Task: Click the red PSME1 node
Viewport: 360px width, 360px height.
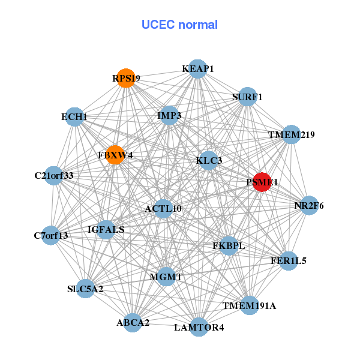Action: [x=262, y=182]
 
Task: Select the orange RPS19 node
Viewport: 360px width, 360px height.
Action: [x=125, y=78]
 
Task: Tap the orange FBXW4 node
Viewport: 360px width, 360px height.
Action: [x=115, y=155]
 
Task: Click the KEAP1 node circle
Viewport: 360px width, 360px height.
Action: [x=198, y=69]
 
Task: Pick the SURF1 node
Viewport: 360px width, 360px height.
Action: [x=247, y=97]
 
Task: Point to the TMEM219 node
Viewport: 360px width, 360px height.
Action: [x=291, y=135]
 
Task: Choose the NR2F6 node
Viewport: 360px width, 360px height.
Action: [x=309, y=206]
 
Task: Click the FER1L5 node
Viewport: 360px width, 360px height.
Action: [x=289, y=261]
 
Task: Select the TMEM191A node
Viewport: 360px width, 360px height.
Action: [x=249, y=305]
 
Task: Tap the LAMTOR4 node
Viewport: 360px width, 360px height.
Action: [x=199, y=327]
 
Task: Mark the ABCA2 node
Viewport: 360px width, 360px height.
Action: [x=133, y=322]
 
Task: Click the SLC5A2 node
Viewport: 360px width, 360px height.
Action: [x=85, y=289]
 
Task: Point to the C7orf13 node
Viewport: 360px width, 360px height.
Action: [x=51, y=235]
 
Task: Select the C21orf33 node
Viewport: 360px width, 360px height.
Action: [x=53, y=176]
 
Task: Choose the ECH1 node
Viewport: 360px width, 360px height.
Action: [x=74, y=116]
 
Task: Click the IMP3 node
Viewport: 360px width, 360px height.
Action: [x=169, y=115]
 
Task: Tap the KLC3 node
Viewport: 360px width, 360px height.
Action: [x=209, y=160]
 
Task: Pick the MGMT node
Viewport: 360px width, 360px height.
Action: [x=166, y=277]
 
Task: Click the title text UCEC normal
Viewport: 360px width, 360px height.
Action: [x=179, y=25]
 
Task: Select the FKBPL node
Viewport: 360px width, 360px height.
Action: [x=229, y=245]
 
